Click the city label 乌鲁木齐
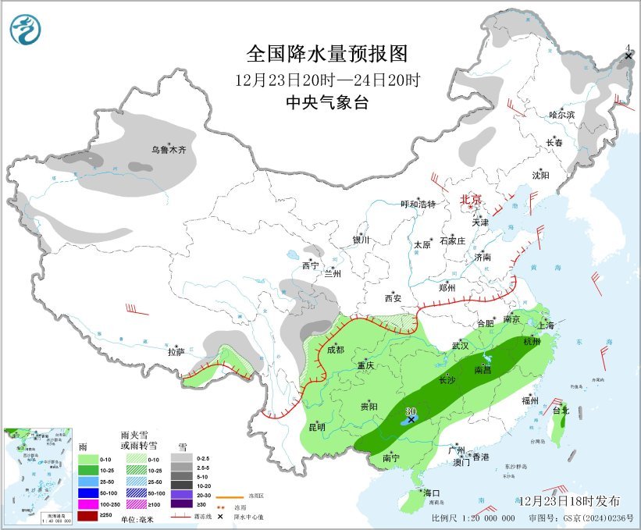coord(169,149)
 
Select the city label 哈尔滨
coord(561,115)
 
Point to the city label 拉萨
coord(176,352)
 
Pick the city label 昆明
coord(315,426)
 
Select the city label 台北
coord(561,410)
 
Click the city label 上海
coord(547,324)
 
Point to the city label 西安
coord(392,298)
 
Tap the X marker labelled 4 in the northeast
coord(629,57)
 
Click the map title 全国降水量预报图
coord(327,54)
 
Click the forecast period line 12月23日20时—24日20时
coord(327,80)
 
